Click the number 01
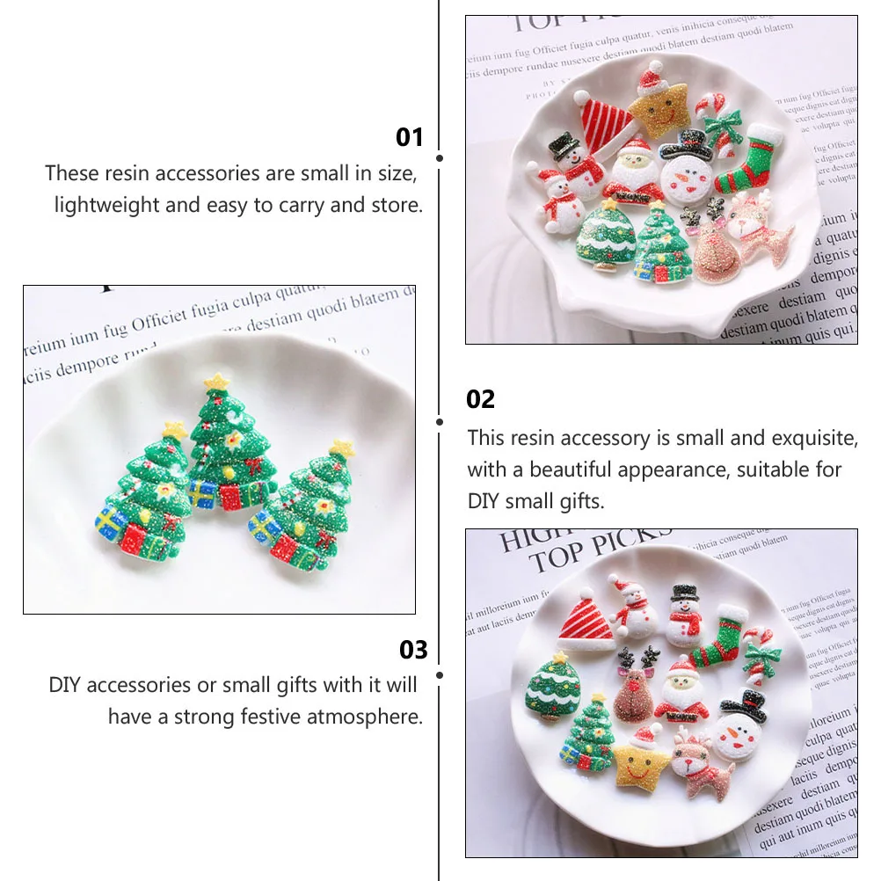410,137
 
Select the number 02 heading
481,399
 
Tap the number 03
412,650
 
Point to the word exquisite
814,438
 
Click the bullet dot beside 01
440,158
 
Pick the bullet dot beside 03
440,674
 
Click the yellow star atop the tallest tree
216,382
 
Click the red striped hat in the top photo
606,123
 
